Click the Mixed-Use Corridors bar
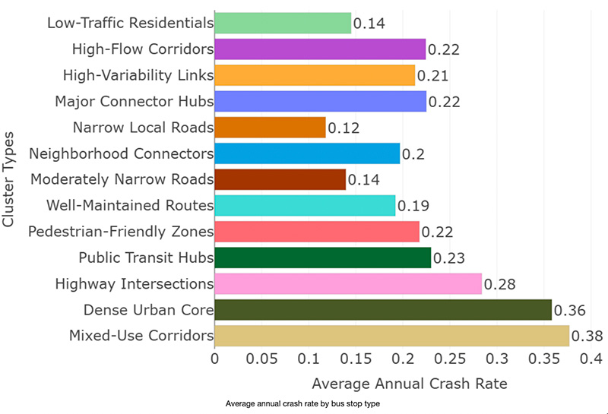(x=391, y=336)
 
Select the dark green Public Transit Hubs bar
(x=323, y=258)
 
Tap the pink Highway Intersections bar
(x=348, y=283)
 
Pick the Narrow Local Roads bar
(x=270, y=128)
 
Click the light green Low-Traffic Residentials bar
(x=283, y=23)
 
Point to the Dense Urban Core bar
(x=383, y=310)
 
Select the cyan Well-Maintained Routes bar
(x=305, y=205)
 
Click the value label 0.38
(x=587, y=337)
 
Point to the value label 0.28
(x=500, y=285)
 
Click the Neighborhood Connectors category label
(x=121, y=153)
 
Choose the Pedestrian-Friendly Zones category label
(x=121, y=231)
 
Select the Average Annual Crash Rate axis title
(x=409, y=384)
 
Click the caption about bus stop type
(x=302, y=404)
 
